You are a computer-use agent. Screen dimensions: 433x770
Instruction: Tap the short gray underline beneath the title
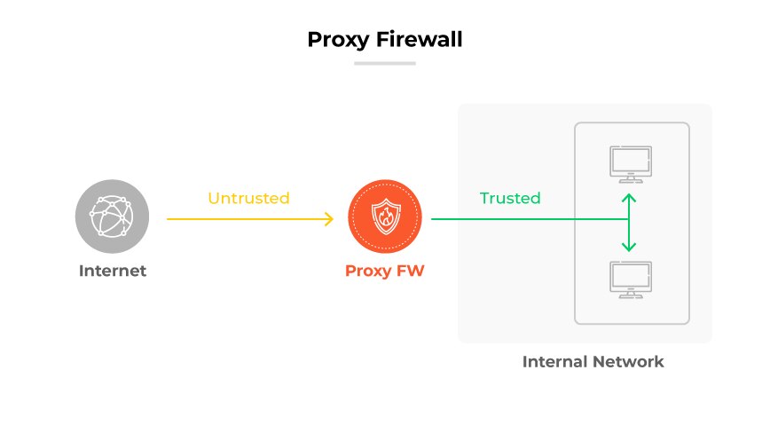click(x=384, y=63)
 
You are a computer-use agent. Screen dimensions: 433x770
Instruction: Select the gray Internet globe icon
click(x=112, y=217)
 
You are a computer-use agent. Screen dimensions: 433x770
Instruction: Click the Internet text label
click(x=112, y=271)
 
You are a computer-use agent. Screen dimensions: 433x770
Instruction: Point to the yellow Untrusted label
click(x=248, y=198)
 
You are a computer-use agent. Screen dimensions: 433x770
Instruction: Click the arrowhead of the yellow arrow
click(x=327, y=218)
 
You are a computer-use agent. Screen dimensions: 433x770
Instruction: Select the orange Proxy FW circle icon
click(x=384, y=217)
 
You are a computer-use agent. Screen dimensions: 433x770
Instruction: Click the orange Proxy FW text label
click(x=384, y=271)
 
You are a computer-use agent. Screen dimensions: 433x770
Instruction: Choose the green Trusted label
click(x=509, y=198)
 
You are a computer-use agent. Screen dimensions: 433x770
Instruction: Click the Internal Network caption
click(x=593, y=362)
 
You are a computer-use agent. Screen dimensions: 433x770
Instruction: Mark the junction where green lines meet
click(x=629, y=218)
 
